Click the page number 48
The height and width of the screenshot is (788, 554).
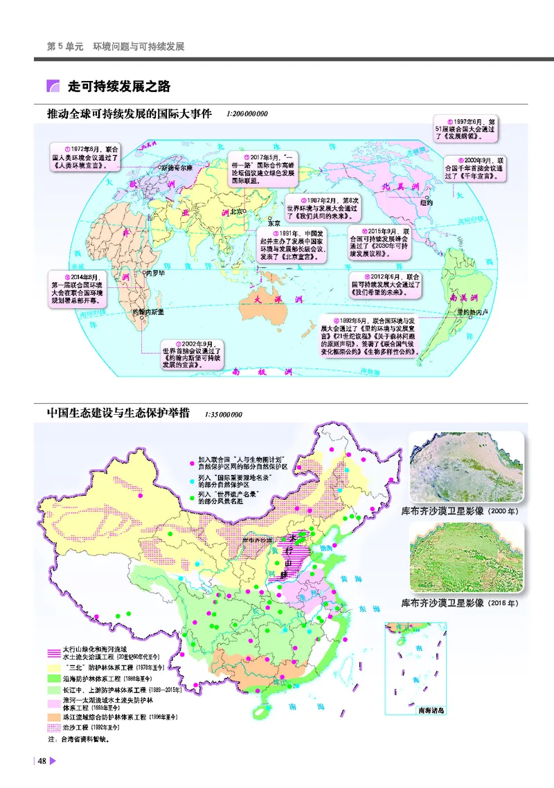42,762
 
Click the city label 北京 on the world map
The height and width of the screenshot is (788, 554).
237,212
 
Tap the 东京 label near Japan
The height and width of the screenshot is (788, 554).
274,223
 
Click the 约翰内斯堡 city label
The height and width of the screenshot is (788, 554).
148,312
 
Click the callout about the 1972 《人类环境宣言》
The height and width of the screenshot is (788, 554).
88,159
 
